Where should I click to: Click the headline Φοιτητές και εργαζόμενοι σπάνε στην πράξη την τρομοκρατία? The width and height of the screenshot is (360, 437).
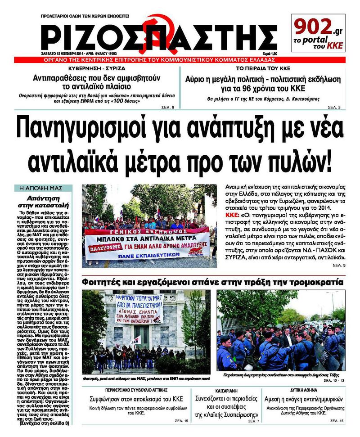tap(212, 282)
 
